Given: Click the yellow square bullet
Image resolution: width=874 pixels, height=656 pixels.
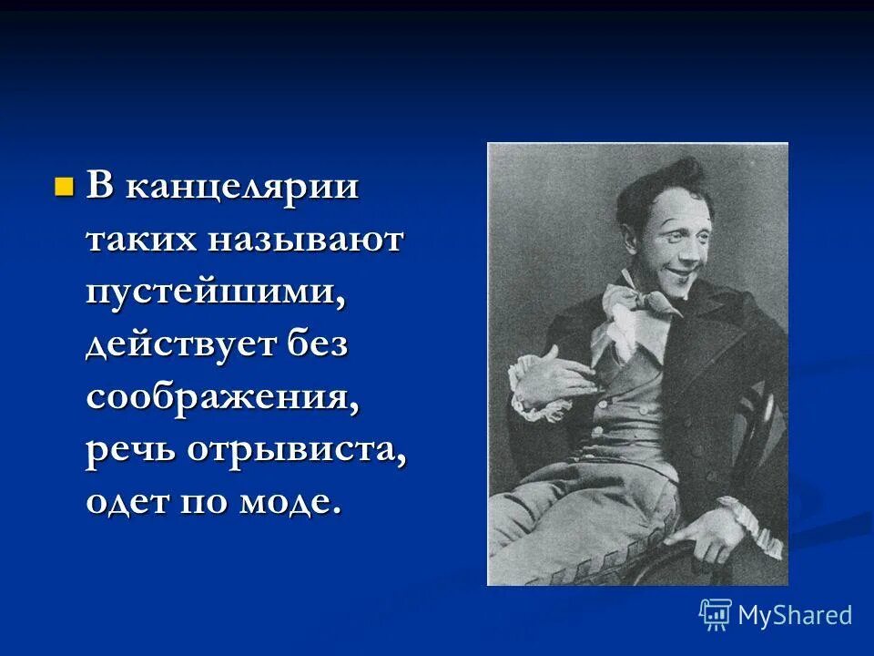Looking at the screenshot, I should [x=63, y=189].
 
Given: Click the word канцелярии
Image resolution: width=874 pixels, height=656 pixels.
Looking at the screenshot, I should [x=241, y=190].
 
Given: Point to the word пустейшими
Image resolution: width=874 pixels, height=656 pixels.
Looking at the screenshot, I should [x=215, y=293].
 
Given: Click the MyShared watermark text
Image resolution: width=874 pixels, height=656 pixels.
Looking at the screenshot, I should [x=795, y=615].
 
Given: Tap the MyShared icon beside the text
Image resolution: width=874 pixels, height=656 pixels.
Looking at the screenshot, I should [x=716, y=614].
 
